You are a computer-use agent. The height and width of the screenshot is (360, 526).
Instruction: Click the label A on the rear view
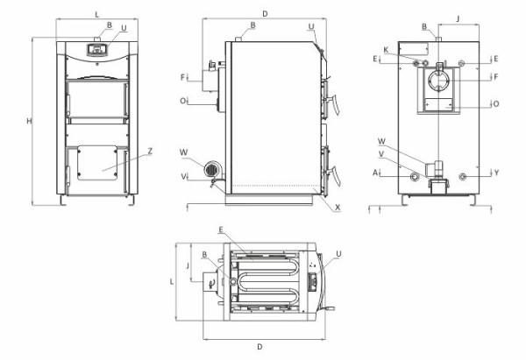click(375, 173)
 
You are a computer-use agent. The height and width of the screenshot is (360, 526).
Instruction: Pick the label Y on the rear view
click(495, 173)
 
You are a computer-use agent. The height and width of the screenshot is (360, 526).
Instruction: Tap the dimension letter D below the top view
click(261, 347)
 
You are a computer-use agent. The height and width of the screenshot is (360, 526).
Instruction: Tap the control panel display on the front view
click(95, 49)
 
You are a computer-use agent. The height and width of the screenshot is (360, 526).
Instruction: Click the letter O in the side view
click(182, 101)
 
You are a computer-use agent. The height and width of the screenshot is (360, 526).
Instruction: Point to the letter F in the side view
click(182, 77)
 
